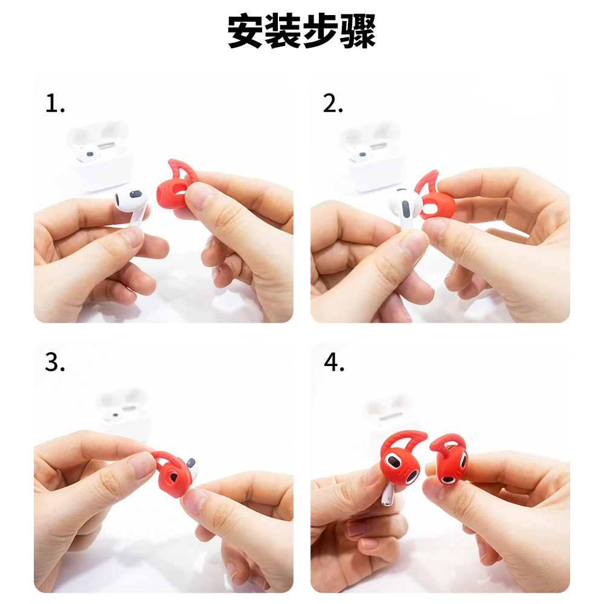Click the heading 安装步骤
(302, 31)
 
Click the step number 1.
(54, 104)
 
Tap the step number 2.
(333, 104)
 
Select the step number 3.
(54, 362)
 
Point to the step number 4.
(333, 362)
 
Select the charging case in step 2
(371, 157)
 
